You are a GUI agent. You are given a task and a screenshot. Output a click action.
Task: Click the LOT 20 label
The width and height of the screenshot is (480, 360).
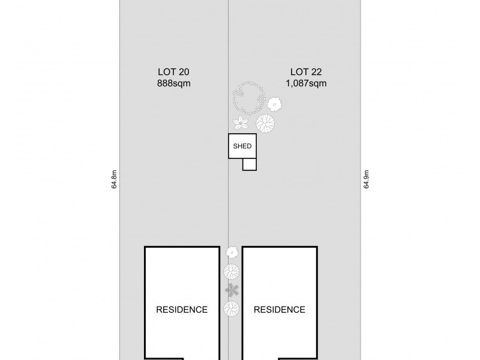coord(173,72)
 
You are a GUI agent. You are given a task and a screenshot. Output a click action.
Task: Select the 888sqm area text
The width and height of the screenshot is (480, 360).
coord(173,84)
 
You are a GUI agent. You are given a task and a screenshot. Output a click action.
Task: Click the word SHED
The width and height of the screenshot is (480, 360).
coord(242,146)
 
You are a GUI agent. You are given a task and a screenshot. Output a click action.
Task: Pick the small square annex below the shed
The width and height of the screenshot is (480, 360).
coord(250,164)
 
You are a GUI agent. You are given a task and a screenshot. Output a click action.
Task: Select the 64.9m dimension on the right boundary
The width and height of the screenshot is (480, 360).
coord(366,179)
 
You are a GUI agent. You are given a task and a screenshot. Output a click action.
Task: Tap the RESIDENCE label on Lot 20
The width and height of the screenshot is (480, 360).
coord(182,310)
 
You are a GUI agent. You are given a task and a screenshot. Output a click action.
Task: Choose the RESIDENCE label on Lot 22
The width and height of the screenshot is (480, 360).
coord(279,310)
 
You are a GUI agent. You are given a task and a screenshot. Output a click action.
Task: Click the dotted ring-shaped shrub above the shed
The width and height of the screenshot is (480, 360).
coord(250,98)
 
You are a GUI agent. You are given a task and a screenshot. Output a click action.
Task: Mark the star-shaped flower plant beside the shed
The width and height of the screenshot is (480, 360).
coord(241,123)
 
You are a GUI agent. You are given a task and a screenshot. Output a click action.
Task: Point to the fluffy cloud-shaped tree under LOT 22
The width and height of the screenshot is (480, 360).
coord(275,104)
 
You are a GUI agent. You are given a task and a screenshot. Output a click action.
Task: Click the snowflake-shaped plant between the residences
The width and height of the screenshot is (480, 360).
coord(232,290)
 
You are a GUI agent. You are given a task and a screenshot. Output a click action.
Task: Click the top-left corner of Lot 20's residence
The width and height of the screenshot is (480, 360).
coord(145,247)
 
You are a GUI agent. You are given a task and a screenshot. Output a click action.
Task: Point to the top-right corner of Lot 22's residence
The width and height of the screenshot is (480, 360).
coord(316,247)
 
